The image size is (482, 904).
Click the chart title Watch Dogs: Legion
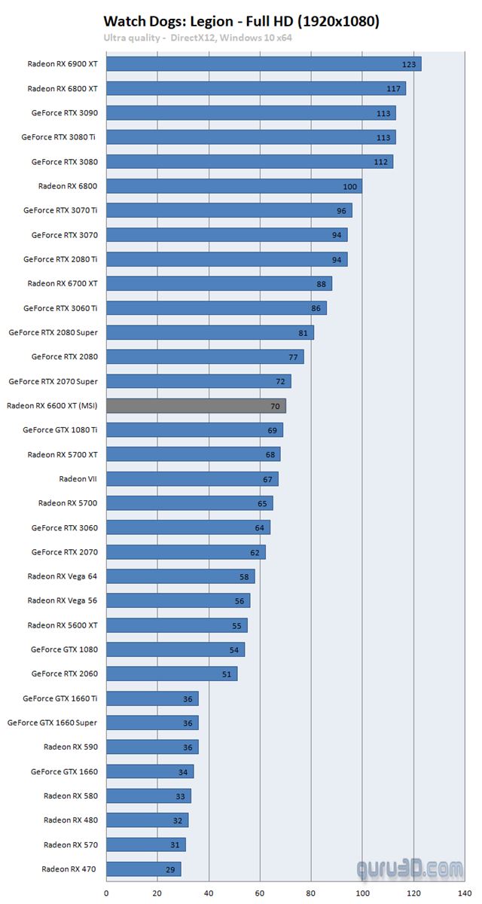pos(241,22)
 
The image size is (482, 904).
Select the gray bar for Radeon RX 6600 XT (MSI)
pos(196,406)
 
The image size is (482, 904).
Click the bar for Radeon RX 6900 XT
pos(263,64)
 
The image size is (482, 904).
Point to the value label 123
pos(409,65)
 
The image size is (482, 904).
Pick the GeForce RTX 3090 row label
pos(65,113)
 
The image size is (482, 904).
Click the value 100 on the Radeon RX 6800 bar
pos(349,187)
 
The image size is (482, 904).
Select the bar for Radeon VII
pos(191,479)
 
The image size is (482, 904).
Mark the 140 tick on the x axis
pos(465,893)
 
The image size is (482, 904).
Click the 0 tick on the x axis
pos(106,893)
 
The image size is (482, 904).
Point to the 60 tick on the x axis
pos(260,893)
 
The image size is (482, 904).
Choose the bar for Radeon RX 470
pos(143,869)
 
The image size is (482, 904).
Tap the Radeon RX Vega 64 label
pos(63,576)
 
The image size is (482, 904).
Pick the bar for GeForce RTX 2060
pos(172,673)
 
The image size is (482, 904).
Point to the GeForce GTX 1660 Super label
pos(53,722)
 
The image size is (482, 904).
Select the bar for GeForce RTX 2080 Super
pos(209,332)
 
